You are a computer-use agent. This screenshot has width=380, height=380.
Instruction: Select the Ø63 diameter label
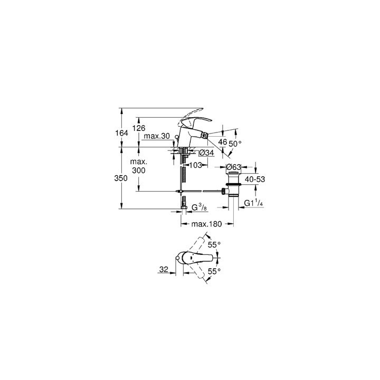[234, 167]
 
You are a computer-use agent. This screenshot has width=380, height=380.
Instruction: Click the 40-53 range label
[255, 179]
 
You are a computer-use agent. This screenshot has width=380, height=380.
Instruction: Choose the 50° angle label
[234, 143]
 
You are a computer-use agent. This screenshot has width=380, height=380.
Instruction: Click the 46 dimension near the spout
[223, 141]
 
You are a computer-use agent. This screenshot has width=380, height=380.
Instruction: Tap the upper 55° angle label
[213, 245]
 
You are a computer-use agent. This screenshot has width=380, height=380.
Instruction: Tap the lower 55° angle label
[213, 272]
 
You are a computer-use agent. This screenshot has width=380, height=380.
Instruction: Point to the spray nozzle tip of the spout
[208, 139]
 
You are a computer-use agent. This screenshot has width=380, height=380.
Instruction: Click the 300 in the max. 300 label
[139, 171]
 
